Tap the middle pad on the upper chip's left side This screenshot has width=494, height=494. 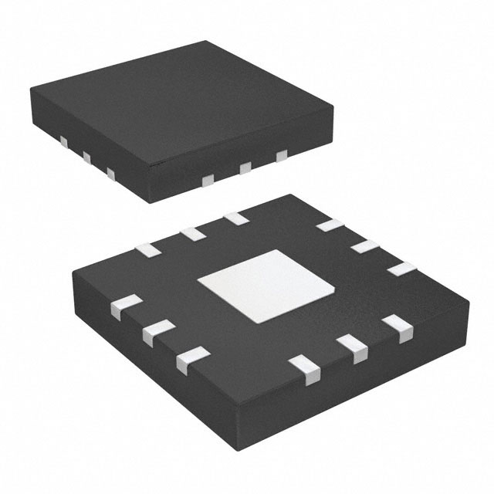point(86,158)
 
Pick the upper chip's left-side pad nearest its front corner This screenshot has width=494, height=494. point(111,174)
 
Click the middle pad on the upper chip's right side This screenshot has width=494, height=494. point(245,167)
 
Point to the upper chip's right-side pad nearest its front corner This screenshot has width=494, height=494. point(207,180)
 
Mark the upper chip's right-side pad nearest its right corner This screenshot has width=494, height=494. point(282,156)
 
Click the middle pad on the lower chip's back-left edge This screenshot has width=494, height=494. point(190,233)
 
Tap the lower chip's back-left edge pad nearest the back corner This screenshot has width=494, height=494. point(234,218)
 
